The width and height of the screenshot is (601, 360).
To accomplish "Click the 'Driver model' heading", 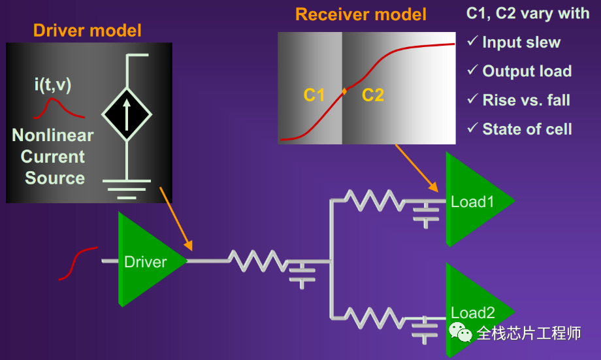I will click(x=87, y=30).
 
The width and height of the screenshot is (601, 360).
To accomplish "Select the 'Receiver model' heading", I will click(x=361, y=14).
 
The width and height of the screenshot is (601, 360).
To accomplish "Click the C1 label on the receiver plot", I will click(x=314, y=95).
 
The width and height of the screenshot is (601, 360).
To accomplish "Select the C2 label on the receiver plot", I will click(x=373, y=95).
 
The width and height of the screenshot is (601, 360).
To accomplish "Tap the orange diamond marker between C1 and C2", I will click(x=344, y=92).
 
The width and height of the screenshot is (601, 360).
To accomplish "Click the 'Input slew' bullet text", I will click(x=521, y=42).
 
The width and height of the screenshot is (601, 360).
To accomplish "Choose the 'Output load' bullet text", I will click(x=527, y=71).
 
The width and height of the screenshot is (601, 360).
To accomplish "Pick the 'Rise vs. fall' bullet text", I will click(x=526, y=100).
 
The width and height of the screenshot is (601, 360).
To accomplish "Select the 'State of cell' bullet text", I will click(x=527, y=129).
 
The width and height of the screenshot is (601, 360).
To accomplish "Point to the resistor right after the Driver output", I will click(x=257, y=261).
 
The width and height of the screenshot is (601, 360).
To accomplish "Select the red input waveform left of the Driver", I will click(x=77, y=263).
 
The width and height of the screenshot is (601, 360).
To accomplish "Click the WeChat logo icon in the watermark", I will click(x=461, y=333).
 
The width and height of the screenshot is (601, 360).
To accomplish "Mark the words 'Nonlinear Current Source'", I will click(x=53, y=157).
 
